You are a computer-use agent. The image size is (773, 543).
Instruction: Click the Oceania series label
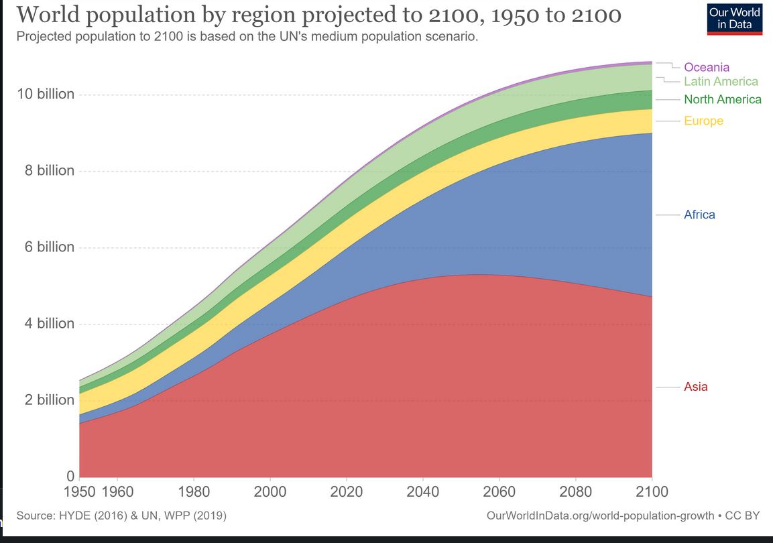point(706,67)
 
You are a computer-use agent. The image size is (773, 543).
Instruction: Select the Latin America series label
point(721,82)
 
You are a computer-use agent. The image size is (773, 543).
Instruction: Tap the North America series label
point(722,99)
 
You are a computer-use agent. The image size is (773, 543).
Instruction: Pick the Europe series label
point(703,121)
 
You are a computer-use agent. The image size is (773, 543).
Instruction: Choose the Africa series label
point(699,215)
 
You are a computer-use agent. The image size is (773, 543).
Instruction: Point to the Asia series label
point(695,387)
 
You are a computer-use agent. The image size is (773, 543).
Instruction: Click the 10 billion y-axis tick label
point(46,94)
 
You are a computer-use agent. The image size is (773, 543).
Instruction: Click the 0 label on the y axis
point(70,476)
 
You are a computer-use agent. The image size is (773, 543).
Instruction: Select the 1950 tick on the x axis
point(79,492)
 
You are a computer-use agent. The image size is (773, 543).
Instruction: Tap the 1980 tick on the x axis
point(194,492)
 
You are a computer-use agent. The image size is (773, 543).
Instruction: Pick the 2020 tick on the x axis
point(347,492)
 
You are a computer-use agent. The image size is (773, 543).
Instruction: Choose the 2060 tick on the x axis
point(499,492)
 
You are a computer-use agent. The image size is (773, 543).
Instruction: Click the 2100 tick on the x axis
point(652,492)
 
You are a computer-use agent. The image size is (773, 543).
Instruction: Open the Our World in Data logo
point(735,18)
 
